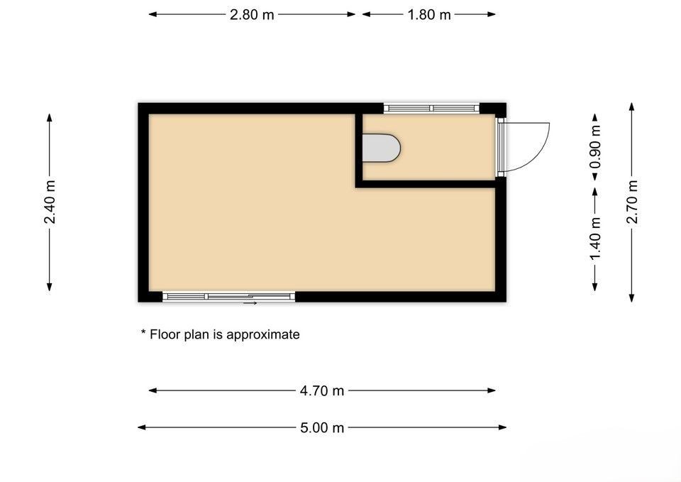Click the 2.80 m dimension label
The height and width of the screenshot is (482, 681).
[252, 15]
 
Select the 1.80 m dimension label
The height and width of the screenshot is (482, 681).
[429, 15]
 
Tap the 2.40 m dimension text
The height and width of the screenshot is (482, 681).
[50, 202]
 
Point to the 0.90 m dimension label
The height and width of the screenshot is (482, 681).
[595, 147]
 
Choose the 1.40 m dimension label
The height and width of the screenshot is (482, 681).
[595, 239]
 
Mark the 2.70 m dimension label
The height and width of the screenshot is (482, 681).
[632, 202]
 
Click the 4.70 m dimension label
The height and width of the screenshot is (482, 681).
[322, 390]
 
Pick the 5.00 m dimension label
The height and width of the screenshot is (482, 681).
[322, 427]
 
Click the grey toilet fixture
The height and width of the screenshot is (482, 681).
[381, 148]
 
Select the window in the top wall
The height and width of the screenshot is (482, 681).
[431, 108]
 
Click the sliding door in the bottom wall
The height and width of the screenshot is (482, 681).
[229, 297]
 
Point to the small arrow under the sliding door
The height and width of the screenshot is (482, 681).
[250, 303]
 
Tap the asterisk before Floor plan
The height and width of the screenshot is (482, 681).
[143, 332]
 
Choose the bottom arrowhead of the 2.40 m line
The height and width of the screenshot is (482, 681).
[50, 287]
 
